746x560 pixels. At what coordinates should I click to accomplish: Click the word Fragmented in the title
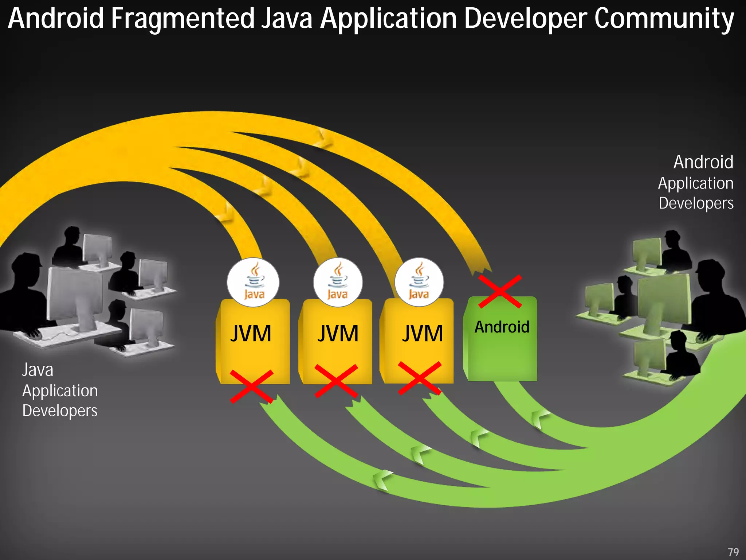(x=182, y=19)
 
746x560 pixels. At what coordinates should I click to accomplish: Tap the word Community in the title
(x=664, y=19)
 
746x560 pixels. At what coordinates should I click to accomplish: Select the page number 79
(x=733, y=552)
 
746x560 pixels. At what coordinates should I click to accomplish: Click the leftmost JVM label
(x=251, y=333)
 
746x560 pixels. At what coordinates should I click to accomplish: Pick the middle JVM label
(x=338, y=333)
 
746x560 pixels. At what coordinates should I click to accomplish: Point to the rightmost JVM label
(x=423, y=333)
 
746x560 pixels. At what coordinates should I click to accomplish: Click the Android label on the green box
(x=502, y=327)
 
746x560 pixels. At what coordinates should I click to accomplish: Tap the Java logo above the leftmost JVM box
(x=254, y=282)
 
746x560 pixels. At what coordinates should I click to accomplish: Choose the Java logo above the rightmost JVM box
(x=419, y=282)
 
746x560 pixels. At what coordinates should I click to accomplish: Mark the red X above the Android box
(x=500, y=291)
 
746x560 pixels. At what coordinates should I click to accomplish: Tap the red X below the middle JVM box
(x=336, y=381)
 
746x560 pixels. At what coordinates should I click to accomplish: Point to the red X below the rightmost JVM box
(x=420, y=378)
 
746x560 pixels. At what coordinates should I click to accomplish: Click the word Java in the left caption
(x=38, y=370)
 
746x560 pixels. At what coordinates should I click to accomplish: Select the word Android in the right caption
(x=703, y=162)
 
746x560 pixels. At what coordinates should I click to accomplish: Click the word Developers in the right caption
(x=696, y=203)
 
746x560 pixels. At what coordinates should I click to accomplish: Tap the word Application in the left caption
(x=60, y=391)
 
